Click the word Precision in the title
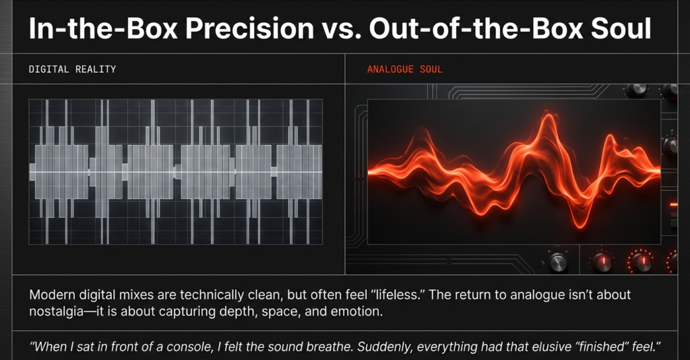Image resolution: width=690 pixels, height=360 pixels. tap(249, 28)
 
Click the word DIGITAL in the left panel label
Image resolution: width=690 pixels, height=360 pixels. tap(49, 69)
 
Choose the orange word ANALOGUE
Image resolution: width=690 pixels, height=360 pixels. tap(390, 69)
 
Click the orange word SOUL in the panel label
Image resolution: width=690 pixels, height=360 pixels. tap(431, 69)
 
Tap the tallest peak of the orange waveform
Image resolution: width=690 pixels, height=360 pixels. tap(547, 115)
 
